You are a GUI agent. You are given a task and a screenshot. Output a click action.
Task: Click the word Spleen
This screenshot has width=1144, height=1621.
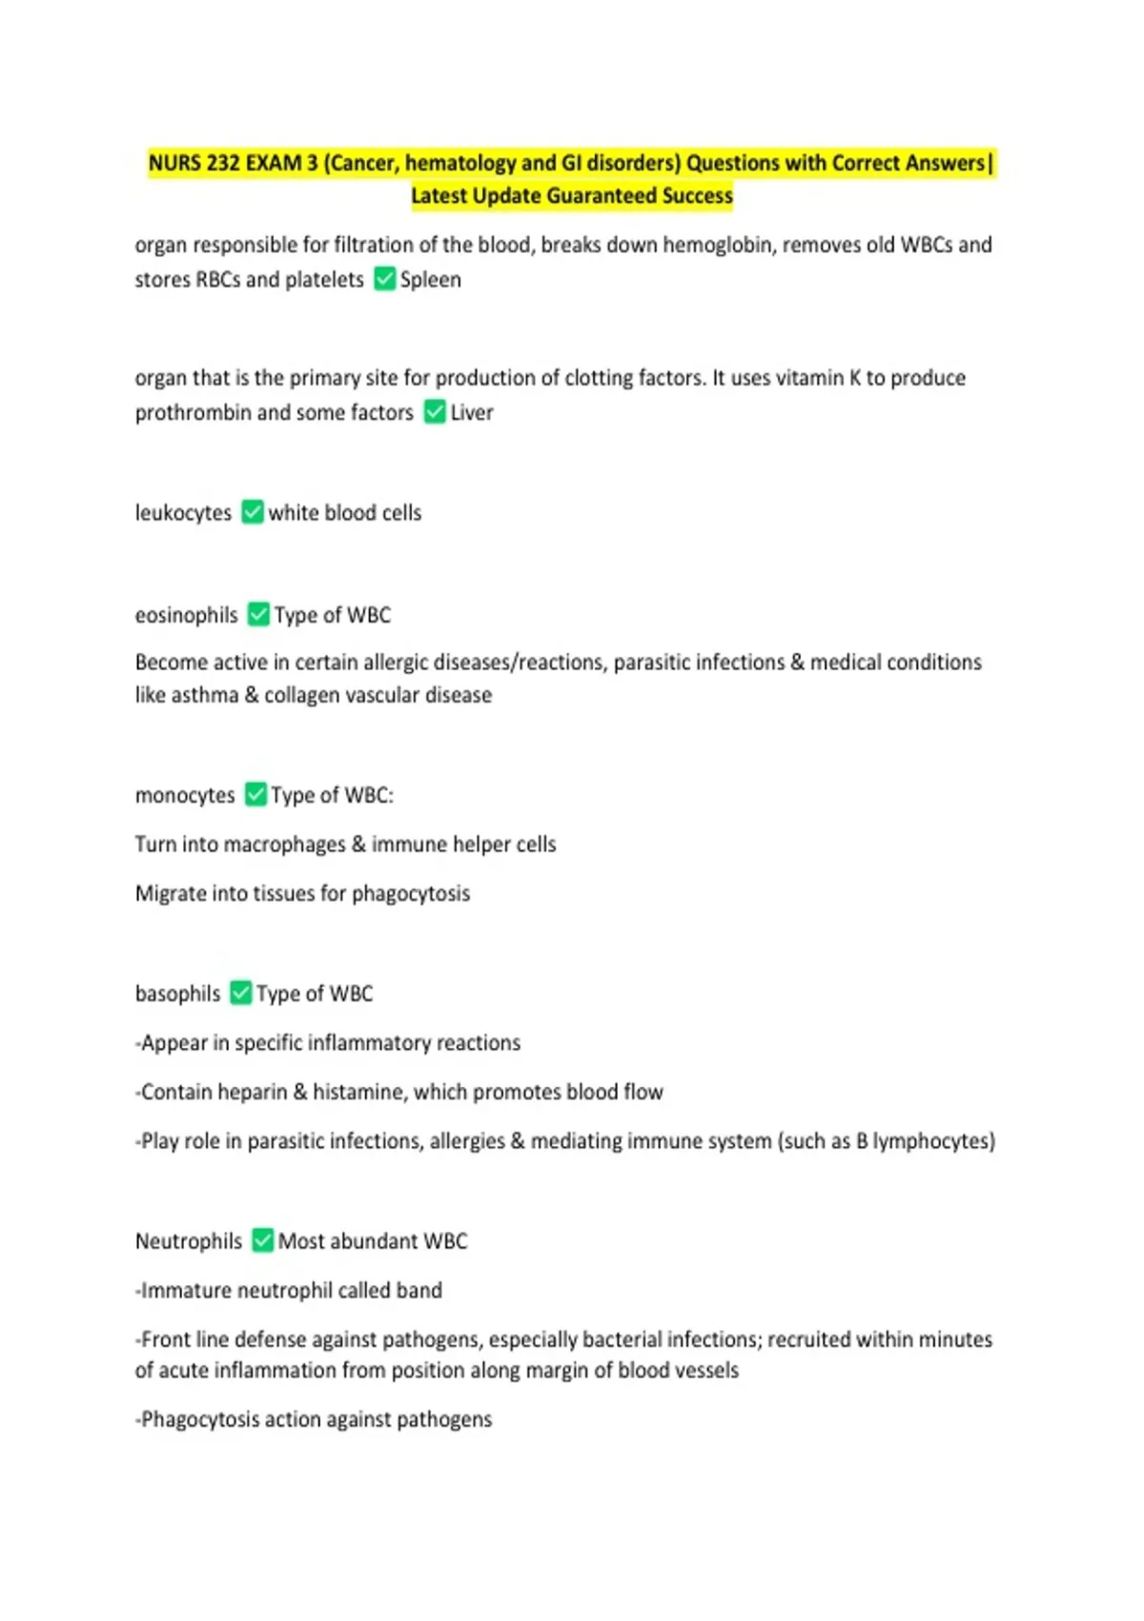click(430, 279)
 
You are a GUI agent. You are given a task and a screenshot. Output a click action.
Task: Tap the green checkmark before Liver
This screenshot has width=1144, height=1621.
click(435, 412)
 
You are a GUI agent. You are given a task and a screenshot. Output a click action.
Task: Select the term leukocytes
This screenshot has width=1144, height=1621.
click(183, 513)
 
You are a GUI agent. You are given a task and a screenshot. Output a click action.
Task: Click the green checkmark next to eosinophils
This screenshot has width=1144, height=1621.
click(258, 614)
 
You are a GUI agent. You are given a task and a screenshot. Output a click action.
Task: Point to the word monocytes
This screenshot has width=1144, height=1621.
click(185, 795)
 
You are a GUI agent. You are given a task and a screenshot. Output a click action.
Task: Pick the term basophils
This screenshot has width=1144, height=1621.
click(177, 994)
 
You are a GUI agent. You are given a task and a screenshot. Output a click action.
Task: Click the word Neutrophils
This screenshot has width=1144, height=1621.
click(189, 1241)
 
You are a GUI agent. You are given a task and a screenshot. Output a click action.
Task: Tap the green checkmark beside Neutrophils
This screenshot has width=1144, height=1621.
click(262, 1241)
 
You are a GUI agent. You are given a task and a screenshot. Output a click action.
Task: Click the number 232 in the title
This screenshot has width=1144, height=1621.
click(223, 163)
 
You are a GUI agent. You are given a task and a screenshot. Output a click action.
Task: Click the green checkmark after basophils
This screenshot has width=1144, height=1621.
click(241, 993)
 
